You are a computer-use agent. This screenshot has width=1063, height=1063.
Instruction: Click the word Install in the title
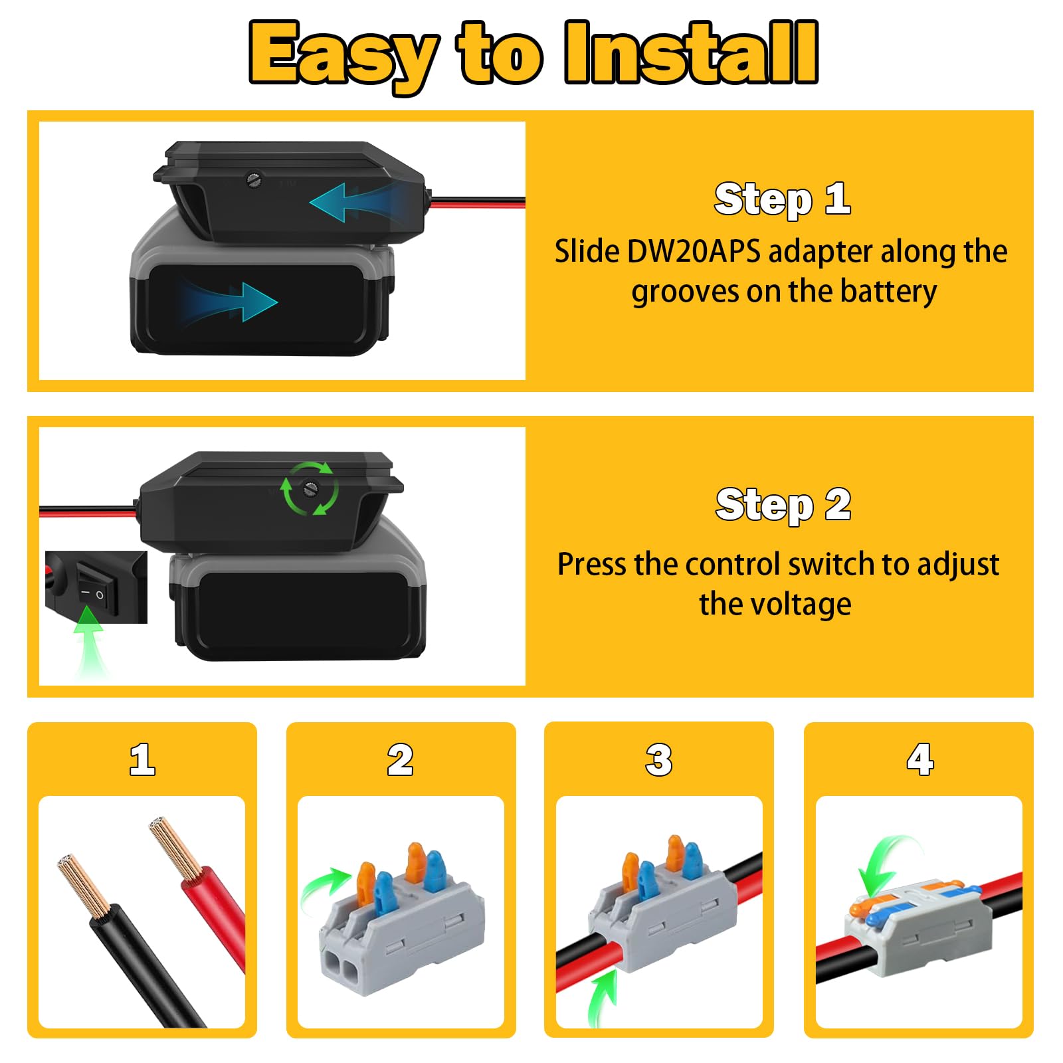(x=691, y=52)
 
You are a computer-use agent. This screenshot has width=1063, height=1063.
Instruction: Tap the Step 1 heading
(x=782, y=199)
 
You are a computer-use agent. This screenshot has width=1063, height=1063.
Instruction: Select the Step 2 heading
(x=783, y=505)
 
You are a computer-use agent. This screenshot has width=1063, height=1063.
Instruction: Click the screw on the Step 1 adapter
(x=253, y=179)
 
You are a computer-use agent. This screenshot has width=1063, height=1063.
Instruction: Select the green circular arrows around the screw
(x=310, y=488)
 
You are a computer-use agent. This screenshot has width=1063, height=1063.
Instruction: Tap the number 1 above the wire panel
(x=142, y=759)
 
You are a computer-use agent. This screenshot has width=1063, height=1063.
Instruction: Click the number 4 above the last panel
(x=920, y=759)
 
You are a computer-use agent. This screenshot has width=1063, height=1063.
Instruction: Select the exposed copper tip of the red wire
(x=175, y=847)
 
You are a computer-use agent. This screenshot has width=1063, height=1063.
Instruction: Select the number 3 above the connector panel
(x=658, y=759)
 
